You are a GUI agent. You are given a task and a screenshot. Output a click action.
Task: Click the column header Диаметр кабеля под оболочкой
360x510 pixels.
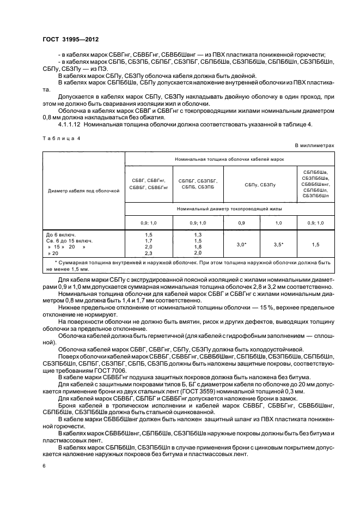(x=83, y=191)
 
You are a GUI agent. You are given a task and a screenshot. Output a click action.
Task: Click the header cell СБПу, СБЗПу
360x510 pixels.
(x=260, y=185)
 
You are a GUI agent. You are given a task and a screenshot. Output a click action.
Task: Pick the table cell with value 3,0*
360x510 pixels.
(x=241, y=245)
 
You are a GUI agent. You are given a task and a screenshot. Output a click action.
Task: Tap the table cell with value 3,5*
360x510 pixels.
(x=278, y=245)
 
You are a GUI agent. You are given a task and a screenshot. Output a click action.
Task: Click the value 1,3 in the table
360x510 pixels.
(x=197, y=234)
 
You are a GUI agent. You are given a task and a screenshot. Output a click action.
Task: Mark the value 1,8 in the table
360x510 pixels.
(x=197, y=247)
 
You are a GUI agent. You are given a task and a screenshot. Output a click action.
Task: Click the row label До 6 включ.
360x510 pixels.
(x=62, y=234)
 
